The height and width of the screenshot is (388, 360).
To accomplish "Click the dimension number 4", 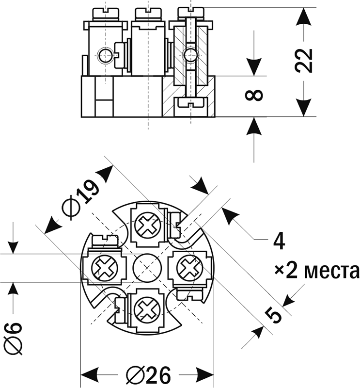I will (278, 241).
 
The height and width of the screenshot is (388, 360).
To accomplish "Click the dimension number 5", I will (274, 315).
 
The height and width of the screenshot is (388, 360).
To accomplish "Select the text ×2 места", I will (316, 270).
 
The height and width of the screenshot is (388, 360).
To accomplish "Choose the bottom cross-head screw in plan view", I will (147, 309).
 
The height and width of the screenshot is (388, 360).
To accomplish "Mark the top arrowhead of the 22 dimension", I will (304, 17).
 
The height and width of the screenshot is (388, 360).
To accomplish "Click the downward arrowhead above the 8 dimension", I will (255, 66).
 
